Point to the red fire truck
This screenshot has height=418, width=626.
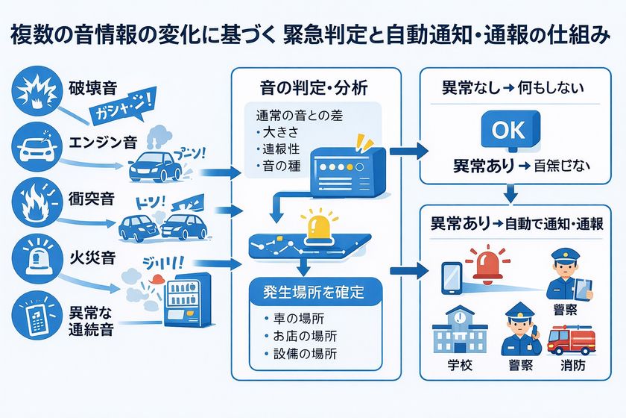click(572, 340)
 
